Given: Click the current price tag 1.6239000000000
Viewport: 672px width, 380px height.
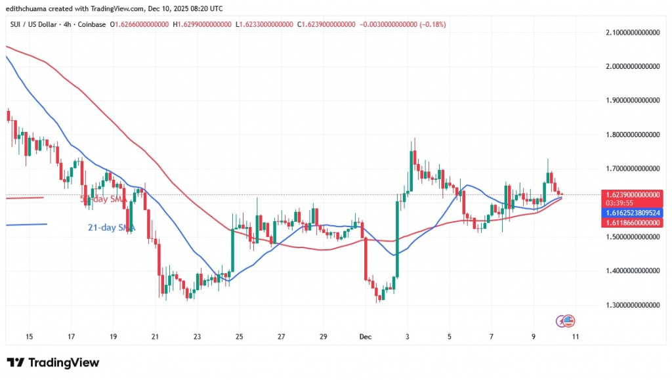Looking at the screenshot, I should pyautogui.click(x=631, y=195).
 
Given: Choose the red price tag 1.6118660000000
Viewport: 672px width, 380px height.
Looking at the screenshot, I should pyautogui.click(x=631, y=224).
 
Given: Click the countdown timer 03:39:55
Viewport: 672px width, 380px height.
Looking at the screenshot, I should pyautogui.click(x=619, y=204).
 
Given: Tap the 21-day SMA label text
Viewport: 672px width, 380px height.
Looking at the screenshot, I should pyautogui.click(x=110, y=228).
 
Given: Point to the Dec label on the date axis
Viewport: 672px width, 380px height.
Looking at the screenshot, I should pyautogui.click(x=366, y=337).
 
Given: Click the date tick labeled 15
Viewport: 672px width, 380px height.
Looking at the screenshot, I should pyautogui.click(x=29, y=337).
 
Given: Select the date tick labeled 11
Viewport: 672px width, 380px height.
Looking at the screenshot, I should pyautogui.click(x=576, y=337).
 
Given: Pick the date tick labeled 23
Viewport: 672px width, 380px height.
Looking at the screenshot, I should pyautogui.click(x=198, y=337).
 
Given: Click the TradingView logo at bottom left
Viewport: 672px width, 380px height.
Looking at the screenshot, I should pyautogui.click(x=52, y=363).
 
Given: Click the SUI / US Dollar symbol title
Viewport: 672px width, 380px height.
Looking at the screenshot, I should pyautogui.click(x=33, y=25).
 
